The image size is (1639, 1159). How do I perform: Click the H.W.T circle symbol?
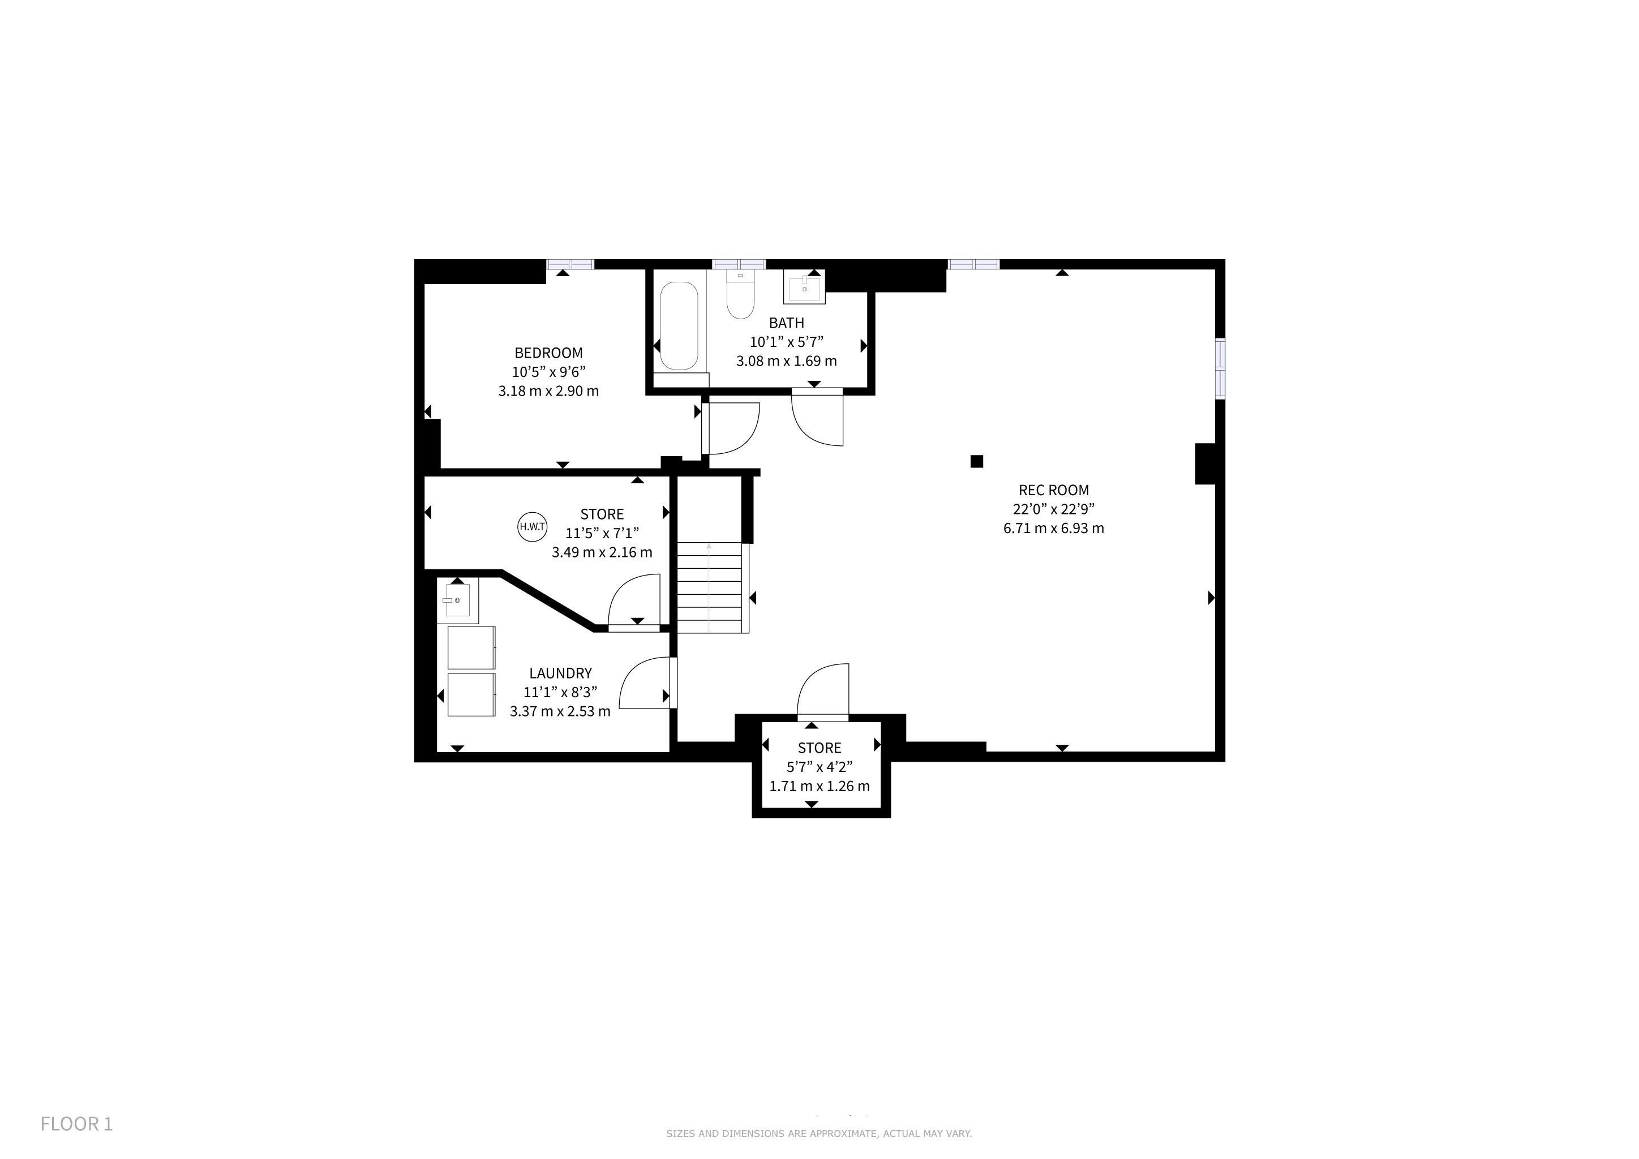pos(532,527)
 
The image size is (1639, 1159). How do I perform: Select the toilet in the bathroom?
pos(740,294)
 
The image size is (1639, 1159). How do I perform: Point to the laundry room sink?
pos(457,601)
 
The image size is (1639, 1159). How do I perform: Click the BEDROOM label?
pos(548,353)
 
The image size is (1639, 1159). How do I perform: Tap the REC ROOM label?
pos(1054,490)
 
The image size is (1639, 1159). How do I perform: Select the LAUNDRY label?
pos(560,673)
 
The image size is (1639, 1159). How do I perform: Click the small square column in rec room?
pos(976,461)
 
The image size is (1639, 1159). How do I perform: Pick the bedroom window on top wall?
pos(570,264)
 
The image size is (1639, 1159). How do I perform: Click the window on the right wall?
pos(1220,368)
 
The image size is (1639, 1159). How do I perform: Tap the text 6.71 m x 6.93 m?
pos(1054,528)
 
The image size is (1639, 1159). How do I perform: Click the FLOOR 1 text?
pos(76,1123)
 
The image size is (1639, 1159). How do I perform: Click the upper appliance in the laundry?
pos(471,647)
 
